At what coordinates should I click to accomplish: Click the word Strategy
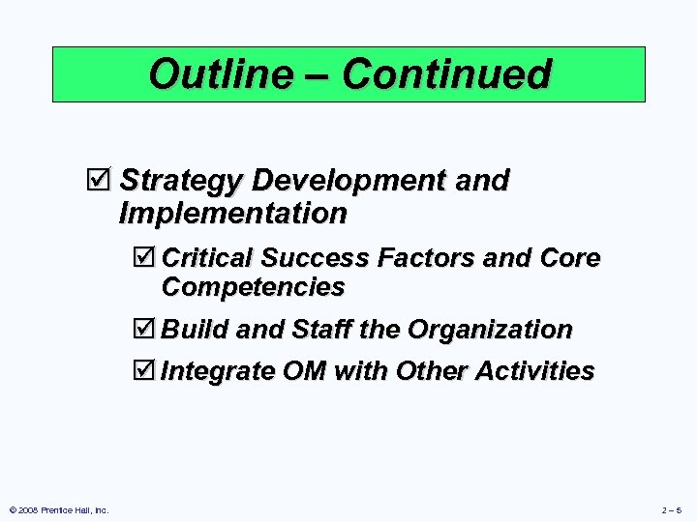pos(181,181)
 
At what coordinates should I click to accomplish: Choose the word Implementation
pos(232,212)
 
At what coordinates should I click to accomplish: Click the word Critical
pos(208,258)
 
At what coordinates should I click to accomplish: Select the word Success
pos(316,258)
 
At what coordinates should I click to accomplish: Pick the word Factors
pos(424,258)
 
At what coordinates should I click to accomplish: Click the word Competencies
pos(254,287)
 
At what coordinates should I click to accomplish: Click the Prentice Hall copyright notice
pos(58,509)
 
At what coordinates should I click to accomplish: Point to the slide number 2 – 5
pos(671,509)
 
